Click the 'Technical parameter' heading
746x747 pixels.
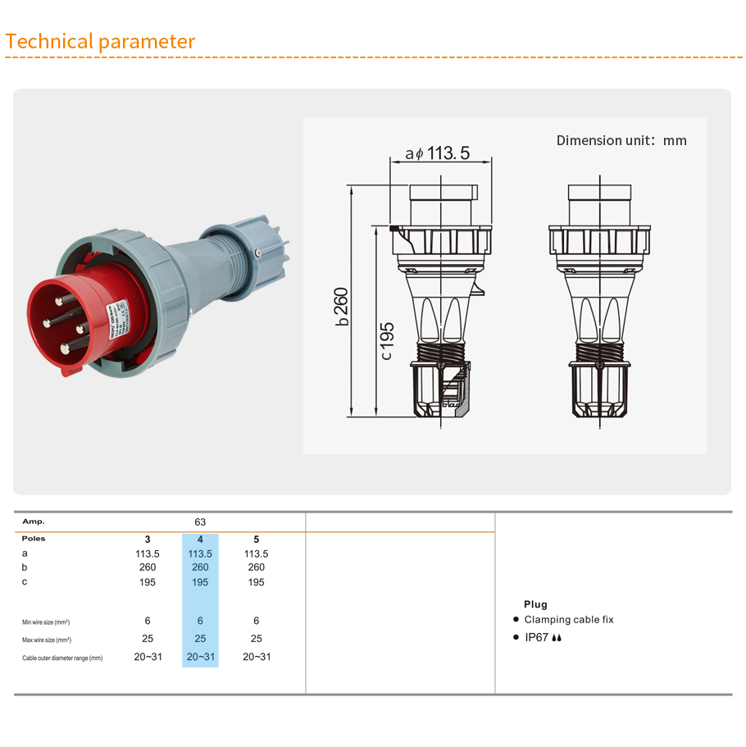pos(100,42)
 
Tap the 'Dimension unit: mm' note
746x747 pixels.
pos(621,140)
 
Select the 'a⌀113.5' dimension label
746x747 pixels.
pos(438,153)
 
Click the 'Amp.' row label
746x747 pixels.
pos(34,522)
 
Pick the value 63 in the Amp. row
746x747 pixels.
pos(200,522)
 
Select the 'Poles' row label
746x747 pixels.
pos(34,539)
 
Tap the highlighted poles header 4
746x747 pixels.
pos(200,540)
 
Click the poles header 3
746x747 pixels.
pos(148,540)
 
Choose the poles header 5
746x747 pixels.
pos(257,540)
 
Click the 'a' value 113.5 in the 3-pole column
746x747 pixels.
pos(148,553)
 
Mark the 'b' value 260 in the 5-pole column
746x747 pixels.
pos(257,567)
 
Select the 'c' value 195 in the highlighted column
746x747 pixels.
pos(200,582)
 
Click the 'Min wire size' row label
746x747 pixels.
pos(46,622)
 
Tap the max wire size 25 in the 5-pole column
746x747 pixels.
pos(257,639)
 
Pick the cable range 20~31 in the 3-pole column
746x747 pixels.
pos(148,657)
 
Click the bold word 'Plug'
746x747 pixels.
pos(535,604)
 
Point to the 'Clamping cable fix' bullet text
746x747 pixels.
pos(568,620)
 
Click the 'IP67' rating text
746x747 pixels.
pos(537,637)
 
